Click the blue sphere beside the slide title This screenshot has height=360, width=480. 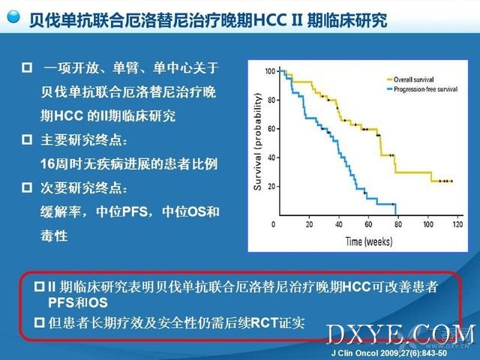(13, 16)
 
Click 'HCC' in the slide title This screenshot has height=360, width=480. (270, 20)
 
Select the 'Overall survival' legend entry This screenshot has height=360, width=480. (410, 79)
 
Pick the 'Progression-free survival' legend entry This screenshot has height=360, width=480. (422, 89)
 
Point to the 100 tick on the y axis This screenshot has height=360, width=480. (270, 71)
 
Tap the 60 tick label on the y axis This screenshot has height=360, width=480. (271, 129)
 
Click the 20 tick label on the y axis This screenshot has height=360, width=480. (271, 187)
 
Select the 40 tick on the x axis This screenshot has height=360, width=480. (338, 224)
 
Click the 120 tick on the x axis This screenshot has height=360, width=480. (457, 224)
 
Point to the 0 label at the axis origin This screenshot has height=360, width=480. (273, 224)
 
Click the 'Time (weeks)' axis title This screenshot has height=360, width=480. (369, 241)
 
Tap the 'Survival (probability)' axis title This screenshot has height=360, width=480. (258, 141)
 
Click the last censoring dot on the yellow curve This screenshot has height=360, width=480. (451, 181)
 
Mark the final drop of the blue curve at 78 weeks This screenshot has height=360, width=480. (396, 209)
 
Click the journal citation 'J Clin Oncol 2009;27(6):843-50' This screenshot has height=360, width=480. (389, 353)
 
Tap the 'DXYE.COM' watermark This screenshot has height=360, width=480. (401, 335)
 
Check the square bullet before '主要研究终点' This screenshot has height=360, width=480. (27, 139)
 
